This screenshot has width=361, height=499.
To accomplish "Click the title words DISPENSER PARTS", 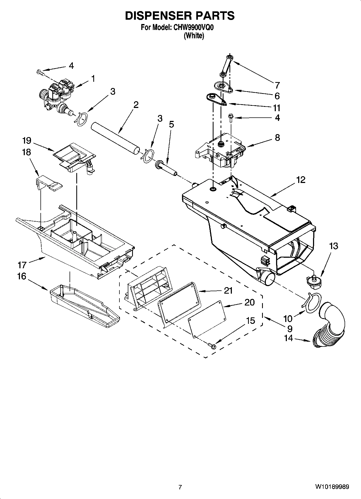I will (180, 16).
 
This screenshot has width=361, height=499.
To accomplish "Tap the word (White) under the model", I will (194, 36).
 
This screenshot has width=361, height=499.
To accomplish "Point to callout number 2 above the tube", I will (136, 105).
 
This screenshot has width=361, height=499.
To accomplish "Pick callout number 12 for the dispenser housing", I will (301, 180).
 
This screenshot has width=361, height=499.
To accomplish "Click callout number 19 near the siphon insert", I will (27, 141).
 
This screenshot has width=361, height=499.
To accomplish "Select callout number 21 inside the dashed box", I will (228, 290).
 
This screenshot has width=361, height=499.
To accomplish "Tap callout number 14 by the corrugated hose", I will (288, 338).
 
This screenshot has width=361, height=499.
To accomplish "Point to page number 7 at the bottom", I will (180, 487).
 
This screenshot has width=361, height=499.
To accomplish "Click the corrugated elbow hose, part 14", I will (331, 327).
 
